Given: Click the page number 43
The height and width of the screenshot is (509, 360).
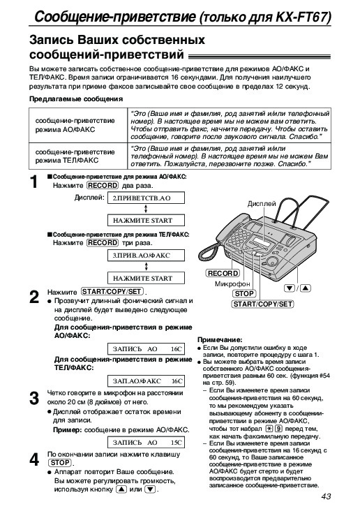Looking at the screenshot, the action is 326,496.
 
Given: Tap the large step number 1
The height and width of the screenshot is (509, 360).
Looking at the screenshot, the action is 34,182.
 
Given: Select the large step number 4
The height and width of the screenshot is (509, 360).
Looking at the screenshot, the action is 34,459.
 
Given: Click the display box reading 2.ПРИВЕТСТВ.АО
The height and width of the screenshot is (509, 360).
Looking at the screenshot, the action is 146,198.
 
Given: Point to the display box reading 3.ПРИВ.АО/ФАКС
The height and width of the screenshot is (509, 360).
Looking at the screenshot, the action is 146,255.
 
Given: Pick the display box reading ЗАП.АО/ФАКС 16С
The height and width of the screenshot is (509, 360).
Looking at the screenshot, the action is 146,381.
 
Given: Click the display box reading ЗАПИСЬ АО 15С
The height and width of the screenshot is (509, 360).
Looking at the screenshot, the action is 146,442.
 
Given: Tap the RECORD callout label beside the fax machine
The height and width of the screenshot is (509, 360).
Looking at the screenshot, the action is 223,273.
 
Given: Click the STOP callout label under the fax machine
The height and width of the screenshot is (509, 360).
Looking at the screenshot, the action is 244,293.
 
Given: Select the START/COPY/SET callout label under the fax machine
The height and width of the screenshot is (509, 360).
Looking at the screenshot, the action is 263,304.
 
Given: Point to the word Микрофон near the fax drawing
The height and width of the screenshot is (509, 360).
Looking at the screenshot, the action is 232,283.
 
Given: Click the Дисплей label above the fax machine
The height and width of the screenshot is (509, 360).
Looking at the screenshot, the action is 262,204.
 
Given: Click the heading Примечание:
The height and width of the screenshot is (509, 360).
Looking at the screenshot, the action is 220,340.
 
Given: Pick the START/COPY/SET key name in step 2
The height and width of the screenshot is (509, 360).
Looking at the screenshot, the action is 112,292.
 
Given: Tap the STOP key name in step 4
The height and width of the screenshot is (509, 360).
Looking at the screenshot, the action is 60,463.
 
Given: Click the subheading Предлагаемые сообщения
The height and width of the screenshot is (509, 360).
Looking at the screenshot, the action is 76,98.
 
